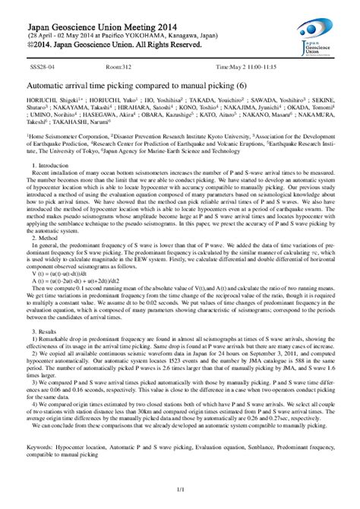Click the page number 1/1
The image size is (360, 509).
(x=179, y=498)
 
